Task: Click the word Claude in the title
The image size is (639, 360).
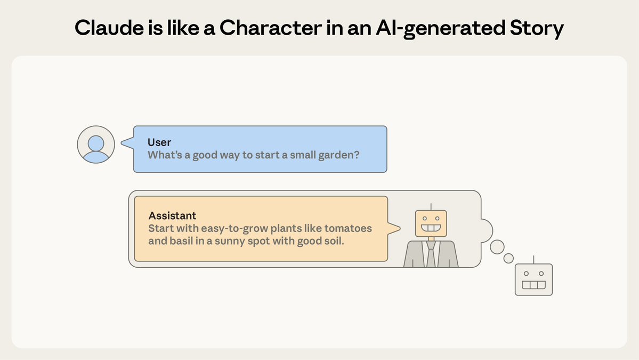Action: (x=109, y=28)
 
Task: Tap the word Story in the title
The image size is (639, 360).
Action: (x=537, y=29)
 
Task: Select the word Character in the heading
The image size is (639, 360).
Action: (x=271, y=28)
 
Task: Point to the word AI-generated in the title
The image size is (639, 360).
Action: (x=441, y=29)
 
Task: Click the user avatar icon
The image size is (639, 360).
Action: (x=96, y=145)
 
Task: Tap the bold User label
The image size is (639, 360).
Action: (x=159, y=142)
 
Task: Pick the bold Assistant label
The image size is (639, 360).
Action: (x=172, y=215)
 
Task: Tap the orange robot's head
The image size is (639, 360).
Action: (x=431, y=223)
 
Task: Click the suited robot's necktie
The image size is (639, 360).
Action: (x=431, y=254)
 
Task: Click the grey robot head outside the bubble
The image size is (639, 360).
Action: (x=534, y=279)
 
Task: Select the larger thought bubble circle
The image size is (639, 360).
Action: (x=497, y=247)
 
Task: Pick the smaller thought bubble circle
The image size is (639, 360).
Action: (x=508, y=258)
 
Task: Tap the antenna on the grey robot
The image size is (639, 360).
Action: (x=534, y=260)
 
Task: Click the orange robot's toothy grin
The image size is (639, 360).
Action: (x=431, y=228)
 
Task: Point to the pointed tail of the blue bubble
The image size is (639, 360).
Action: (x=122, y=143)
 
